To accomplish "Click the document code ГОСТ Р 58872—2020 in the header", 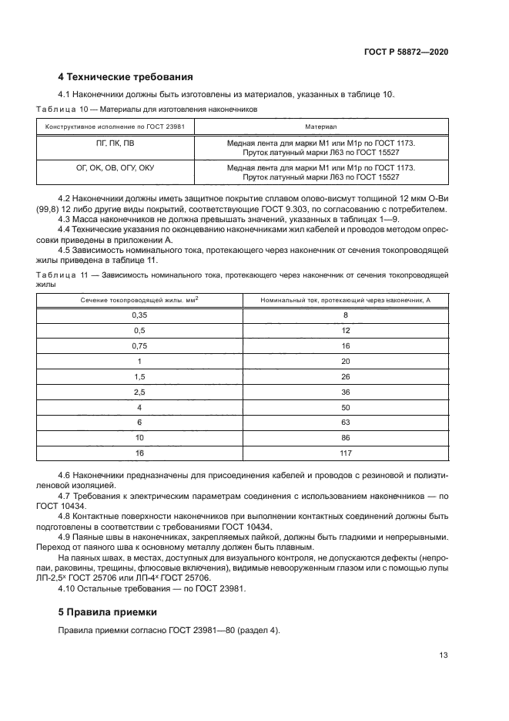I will pos(406,51).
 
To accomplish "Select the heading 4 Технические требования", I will pos(126,76).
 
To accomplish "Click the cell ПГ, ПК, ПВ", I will pos(116,143).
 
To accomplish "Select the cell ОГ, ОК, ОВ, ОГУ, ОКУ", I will pos(116,167).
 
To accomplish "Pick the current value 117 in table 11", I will pos(345,453).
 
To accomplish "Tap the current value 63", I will pos(345,422).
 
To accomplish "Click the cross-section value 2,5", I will pos(139,392).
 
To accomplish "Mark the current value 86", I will pos(345,437).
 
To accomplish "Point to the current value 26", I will pos(345,376).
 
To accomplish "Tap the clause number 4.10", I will pos(69,588).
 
